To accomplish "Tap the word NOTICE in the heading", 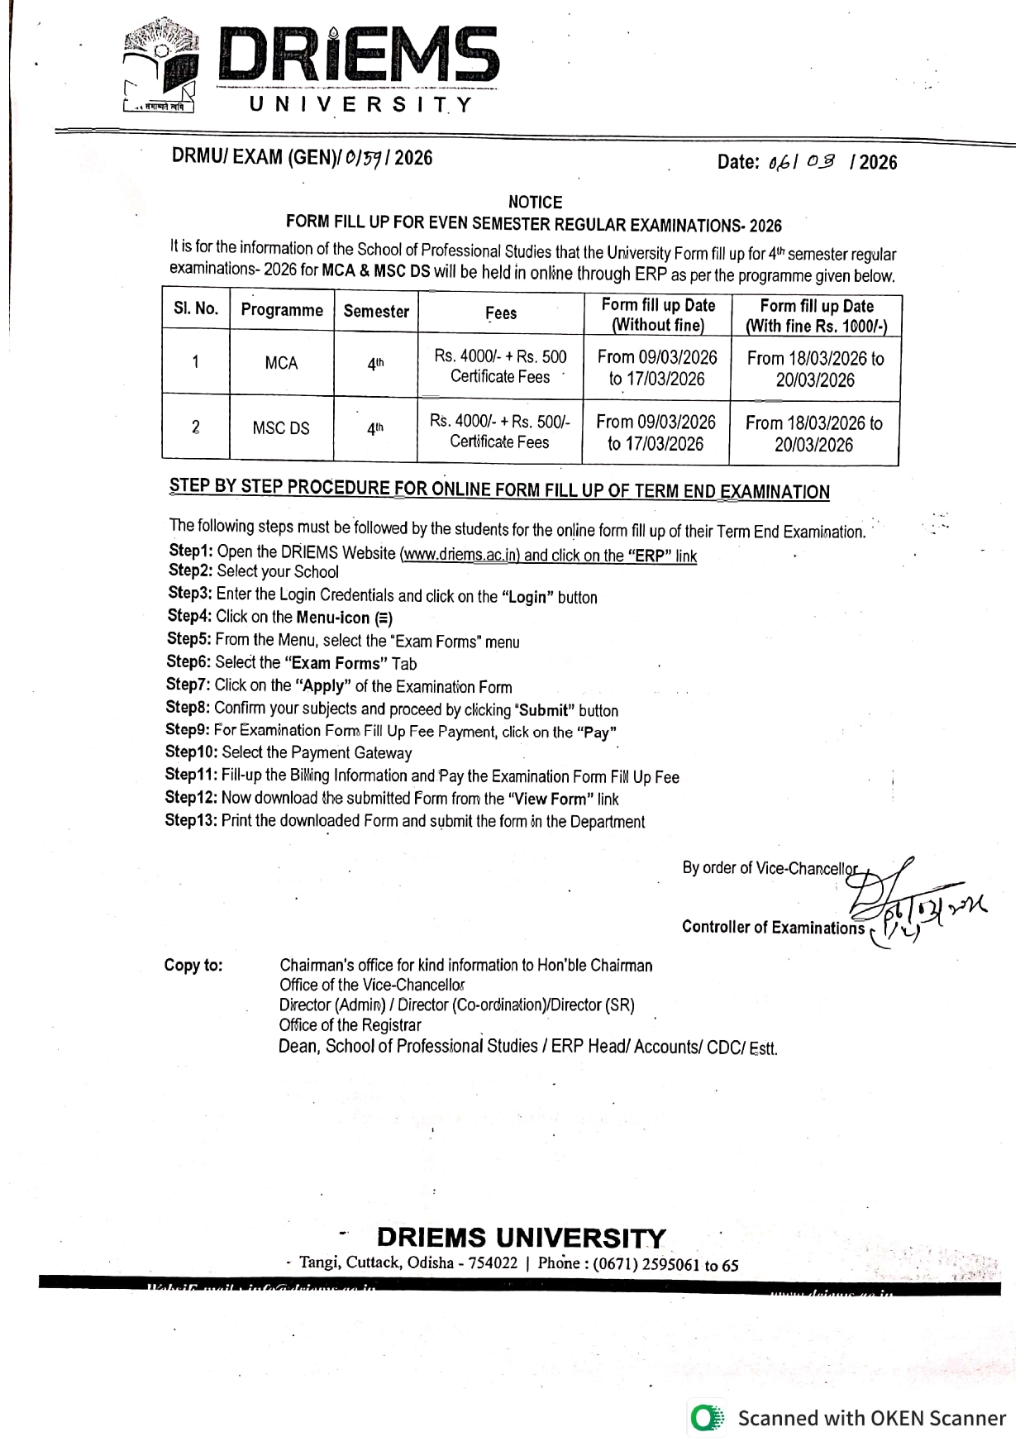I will point(535,203).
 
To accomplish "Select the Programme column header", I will point(282,310).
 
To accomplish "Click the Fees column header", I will point(501,313).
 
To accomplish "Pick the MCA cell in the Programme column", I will point(281,363).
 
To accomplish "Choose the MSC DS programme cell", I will point(281,428).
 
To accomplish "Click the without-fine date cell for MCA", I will point(657,368).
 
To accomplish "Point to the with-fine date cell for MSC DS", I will point(814,433).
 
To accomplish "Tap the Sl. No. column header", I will point(196,309).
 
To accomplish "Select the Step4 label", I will point(189,616).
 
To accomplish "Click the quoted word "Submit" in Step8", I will point(544,710).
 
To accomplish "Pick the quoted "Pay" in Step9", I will point(597,732).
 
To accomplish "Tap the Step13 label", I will point(192,820).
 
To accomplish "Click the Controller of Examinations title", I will point(773,927).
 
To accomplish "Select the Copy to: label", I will point(193,965).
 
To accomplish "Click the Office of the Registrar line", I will point(350,1025).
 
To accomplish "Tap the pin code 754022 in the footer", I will point(493,1263).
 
